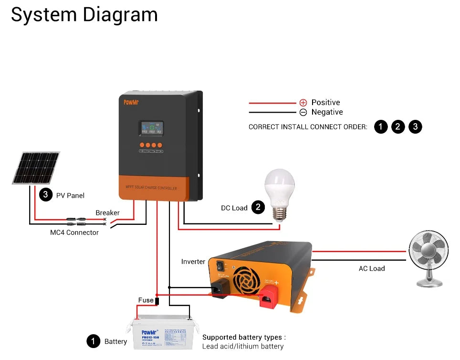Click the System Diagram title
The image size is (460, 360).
(84, 15)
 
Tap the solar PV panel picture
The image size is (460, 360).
(36, 168)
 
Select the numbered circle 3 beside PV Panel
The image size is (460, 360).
(45, 195)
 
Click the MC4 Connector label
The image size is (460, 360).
(74, 233)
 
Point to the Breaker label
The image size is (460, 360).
(107, 212)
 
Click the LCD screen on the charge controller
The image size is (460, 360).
(151, 128)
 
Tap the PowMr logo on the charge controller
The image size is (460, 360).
(131, 102)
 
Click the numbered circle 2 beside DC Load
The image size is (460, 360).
(258, 207)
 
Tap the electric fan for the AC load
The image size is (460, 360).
(429, 258)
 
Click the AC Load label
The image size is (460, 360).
(372, 268)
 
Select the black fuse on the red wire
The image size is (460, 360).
(157, 300)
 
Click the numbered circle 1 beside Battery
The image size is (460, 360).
(94, 341)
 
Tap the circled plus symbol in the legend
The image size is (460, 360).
(303, 103)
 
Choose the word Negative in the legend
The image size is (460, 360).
(327, 112)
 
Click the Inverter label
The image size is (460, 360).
(193, 262)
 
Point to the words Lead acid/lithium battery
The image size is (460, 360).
(243, 346)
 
